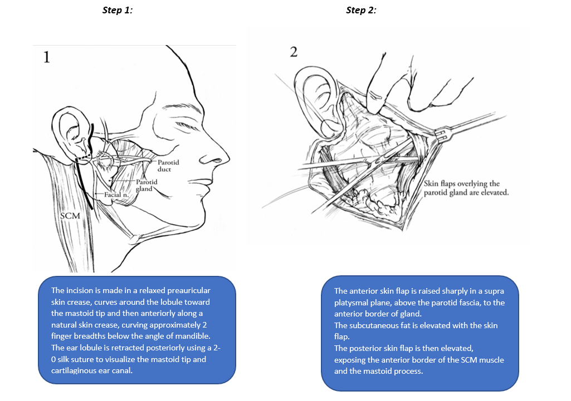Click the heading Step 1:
tap(118, 10)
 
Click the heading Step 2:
tap(361, 10)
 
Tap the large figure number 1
tap(47, 57)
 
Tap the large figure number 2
tap(294, 52)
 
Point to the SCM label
tap(70, 215)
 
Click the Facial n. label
tap(116, 195)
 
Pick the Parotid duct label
tap(168, 165)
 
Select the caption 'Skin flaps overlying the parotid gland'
tap(466, 188)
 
